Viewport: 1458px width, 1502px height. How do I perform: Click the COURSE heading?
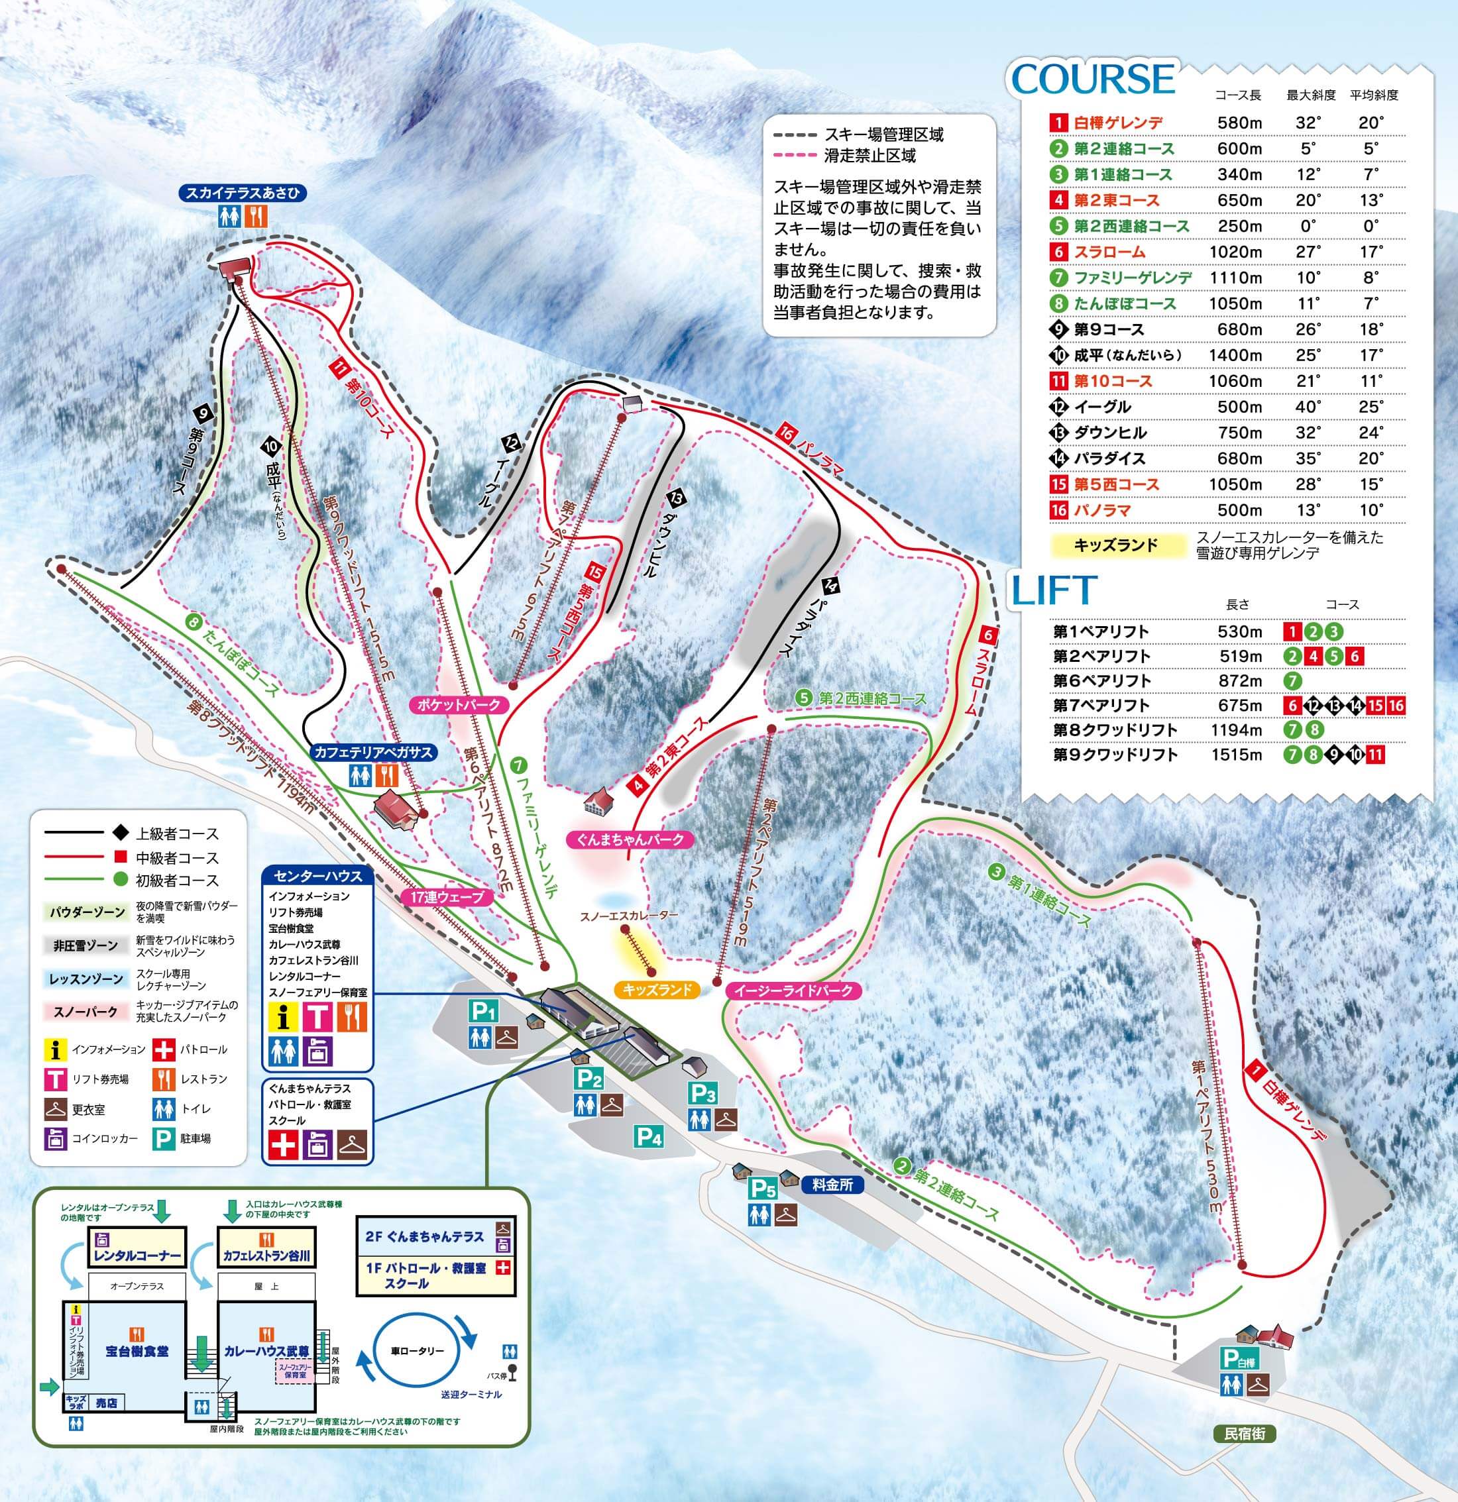(1093, 79)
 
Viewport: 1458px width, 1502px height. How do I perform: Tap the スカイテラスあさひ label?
(241, 193)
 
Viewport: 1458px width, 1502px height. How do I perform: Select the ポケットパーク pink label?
(459, 704)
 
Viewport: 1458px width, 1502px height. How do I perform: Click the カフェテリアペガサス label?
(373, 753)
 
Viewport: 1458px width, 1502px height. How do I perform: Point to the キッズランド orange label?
(657, 989)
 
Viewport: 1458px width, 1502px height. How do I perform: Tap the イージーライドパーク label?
(793, 990)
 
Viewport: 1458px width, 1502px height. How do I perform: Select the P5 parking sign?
(763, 1189)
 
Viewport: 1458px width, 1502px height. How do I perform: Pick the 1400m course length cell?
(1235, 355)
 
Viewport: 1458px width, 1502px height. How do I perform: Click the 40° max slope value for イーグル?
(1308, 407)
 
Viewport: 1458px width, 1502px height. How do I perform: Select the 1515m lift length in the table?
(1236, 754)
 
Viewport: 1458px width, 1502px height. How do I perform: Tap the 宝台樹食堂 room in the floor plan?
(137, 1351)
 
